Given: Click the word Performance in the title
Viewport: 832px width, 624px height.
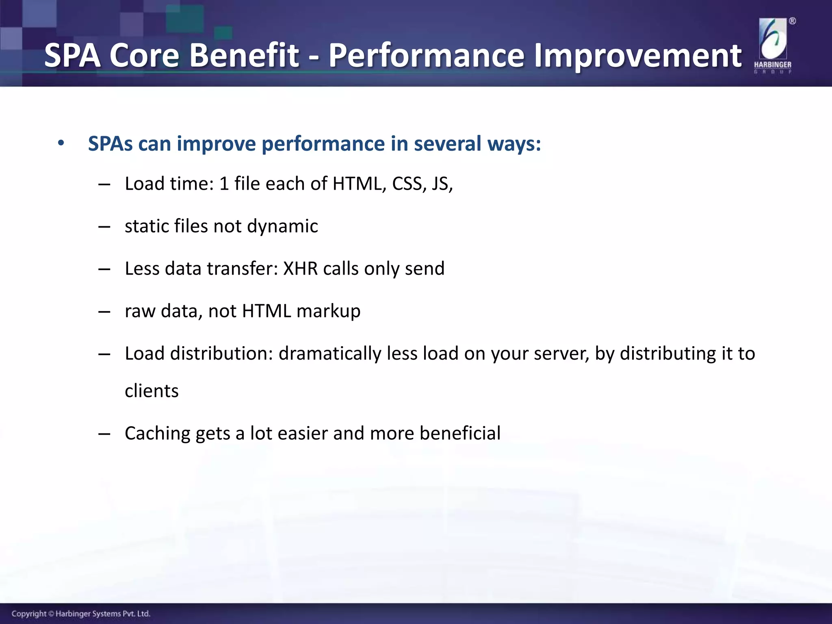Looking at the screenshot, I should tap(426, 56).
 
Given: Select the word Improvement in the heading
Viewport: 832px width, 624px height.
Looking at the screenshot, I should tap(637, 56).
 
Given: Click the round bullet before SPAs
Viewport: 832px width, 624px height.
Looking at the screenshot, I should tap(61, 143).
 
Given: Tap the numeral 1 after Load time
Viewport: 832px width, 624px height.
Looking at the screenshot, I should tap(224, 184).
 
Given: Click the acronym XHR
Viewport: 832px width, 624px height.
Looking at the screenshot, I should tap(300, 269).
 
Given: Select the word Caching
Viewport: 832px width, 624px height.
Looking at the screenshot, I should tap(157, 433).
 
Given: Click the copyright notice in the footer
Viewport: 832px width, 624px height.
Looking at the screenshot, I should tap(81, 613).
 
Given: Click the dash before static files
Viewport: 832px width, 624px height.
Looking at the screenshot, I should tap(104, 227).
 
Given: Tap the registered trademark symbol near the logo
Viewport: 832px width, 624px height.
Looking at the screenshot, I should tap(792, 21).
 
